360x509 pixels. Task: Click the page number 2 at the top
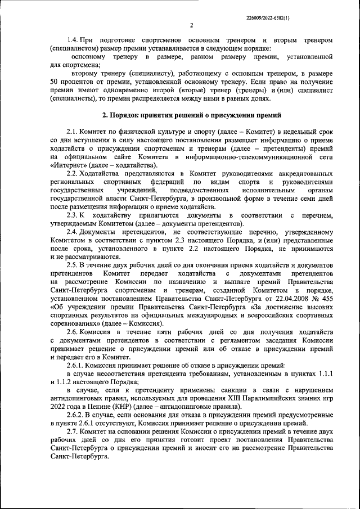point(191,25)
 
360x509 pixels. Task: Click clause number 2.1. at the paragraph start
point(74,130)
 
